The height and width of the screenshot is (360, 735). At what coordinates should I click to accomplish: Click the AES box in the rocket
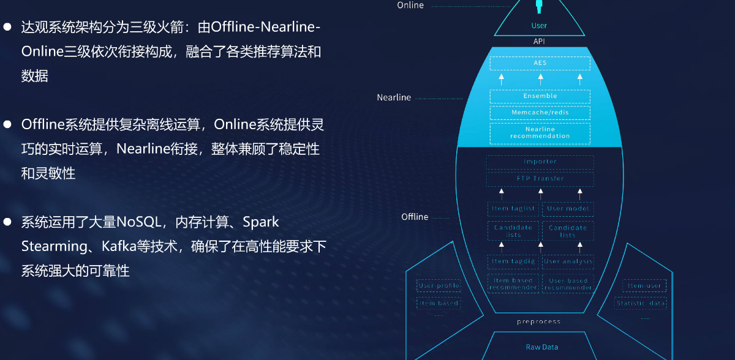540,63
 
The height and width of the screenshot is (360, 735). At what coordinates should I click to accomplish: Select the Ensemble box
540,96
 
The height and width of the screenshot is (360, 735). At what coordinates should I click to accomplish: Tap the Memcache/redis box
540,113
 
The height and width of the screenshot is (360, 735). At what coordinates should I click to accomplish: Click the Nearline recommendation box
540,133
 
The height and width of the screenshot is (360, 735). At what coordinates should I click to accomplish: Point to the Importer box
540,162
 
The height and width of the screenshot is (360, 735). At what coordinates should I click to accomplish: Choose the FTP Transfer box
540,179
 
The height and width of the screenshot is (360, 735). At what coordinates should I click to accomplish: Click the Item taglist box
513,209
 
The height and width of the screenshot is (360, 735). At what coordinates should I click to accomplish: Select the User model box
568,209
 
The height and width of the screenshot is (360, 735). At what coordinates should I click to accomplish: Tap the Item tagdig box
513,261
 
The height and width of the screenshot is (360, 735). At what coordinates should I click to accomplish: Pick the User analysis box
568,261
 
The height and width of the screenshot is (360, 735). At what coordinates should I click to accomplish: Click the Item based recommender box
513,284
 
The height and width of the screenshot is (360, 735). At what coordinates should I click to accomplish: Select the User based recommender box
568,284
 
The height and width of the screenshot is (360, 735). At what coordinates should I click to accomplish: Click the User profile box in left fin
439,286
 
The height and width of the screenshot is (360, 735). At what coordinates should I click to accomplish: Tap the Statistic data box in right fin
640,303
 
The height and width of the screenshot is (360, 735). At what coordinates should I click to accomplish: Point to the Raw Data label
542,347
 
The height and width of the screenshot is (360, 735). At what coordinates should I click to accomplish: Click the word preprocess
538,321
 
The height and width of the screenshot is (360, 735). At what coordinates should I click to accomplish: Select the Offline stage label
415,217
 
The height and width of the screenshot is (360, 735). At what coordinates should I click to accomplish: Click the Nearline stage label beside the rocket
394,97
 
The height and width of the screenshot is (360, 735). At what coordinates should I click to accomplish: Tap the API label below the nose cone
539,42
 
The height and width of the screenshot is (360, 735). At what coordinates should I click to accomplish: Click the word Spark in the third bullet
261,222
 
